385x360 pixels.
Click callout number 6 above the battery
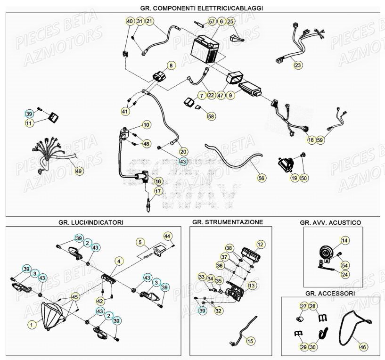click(221, 22)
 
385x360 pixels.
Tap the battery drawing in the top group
click(205, 48)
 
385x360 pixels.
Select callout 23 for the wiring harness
click(297, 65)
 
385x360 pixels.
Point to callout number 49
click(78, 171)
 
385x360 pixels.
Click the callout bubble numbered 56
click(262, 178)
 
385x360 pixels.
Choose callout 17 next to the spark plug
click(158, 191)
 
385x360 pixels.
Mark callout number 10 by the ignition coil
click(147, 125)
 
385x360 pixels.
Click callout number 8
click(170, 65)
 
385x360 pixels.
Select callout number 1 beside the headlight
click(32, 325)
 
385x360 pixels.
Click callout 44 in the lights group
click(167, 236)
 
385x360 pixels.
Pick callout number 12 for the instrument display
click(261, 244)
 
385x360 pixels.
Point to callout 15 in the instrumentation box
click(250, 340)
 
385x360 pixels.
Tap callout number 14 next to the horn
click(345, 241)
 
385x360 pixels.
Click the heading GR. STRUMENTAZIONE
click(228, 221)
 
